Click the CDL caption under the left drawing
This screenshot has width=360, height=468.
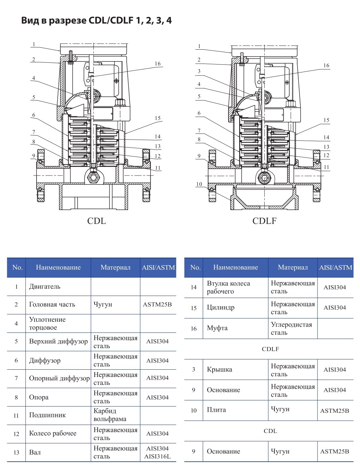point(96,221)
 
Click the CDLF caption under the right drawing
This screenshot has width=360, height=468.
point(264,221)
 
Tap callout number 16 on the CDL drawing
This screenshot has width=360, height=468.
point(157,64)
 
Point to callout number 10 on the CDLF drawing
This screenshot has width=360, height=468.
point(199,184)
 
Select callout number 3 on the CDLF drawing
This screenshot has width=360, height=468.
point(199,71)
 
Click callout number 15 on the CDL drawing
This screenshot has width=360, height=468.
point(157,118)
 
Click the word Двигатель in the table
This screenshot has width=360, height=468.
point(45,287)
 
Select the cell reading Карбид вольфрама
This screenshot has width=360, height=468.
point(110,415)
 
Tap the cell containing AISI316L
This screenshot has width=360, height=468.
point(157,456)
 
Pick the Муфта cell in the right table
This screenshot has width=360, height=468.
point(217,328)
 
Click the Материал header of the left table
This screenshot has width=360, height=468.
point(115,268)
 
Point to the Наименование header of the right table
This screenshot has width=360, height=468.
point(235,267)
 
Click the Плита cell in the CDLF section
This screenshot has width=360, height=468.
point(216,410)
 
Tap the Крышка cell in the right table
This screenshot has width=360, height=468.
point(220,370)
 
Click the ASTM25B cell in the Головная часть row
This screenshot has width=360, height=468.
point(157,305)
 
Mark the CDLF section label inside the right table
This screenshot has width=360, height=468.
point(270,349)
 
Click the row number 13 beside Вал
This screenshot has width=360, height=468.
point(16,452)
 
